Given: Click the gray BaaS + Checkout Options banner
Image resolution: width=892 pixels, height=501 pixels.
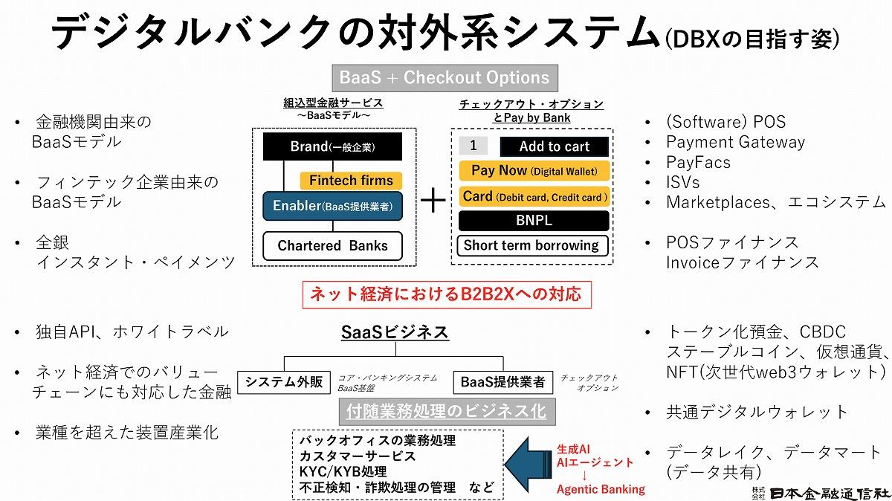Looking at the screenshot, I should click(x=445, y=77).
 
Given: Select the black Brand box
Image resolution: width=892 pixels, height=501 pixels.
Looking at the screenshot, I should click(x=332, y=146).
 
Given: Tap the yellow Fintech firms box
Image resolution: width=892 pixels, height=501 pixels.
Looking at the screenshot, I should click(x=351, y=181).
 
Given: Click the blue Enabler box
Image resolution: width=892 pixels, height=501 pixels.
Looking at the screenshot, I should click(x=332, y=206).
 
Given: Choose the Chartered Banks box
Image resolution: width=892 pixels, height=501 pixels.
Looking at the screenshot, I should click(x=332, y=246).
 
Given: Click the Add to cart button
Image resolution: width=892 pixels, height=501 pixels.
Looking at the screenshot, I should click(x=554, y=146).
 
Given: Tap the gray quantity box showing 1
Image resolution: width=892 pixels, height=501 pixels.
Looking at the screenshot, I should click(x=474, y=146).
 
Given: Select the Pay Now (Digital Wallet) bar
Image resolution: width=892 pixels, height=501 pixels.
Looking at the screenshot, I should click(x=534, y=171).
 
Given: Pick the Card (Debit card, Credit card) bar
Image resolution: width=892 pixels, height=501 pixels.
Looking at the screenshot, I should click(x=534, y=197).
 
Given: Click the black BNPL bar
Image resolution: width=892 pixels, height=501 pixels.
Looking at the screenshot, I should click(x=534, y=221).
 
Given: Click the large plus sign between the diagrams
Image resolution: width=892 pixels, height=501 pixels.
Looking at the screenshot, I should click(x=433, y=201).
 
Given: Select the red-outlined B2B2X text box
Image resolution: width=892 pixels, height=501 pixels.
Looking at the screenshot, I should click(x=446, y=294).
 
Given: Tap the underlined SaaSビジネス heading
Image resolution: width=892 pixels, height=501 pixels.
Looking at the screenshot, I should click(x=395, y=332).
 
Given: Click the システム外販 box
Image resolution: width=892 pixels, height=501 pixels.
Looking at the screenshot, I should click(x=284, y=382).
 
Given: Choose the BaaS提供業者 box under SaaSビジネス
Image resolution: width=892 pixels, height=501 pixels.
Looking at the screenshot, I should click(x=502, y=382).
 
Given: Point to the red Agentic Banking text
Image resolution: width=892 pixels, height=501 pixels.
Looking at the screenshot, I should click(x=601, y=489).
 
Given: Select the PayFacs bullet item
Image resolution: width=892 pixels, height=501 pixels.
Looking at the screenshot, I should click(x=698, y=162).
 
